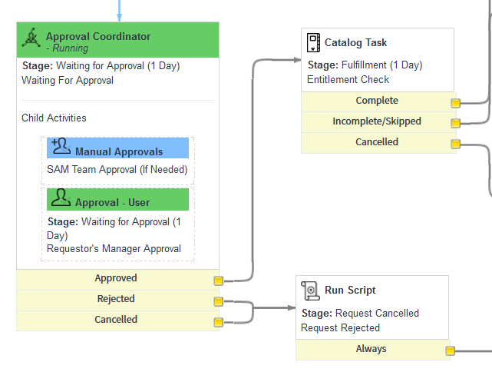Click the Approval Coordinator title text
point(97,36)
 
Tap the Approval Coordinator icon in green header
point(31,38)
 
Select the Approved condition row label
point(115,278)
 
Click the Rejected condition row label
point(115,299)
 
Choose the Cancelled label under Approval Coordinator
point(115,320)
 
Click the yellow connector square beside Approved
point(218,281)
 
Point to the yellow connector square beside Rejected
point(218,301)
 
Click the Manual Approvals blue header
point(117,151)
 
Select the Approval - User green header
point(117,201)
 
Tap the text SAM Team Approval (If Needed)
point(117,169)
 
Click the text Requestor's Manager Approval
point(114,248)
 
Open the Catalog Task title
point(355,43)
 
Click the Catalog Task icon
point(313,42)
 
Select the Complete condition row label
point(376,101)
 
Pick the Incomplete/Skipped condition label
point(376,121)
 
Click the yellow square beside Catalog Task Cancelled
point(455,144)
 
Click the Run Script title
point(350,291)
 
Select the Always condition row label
point(371,349)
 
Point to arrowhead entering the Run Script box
point(292,307)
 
